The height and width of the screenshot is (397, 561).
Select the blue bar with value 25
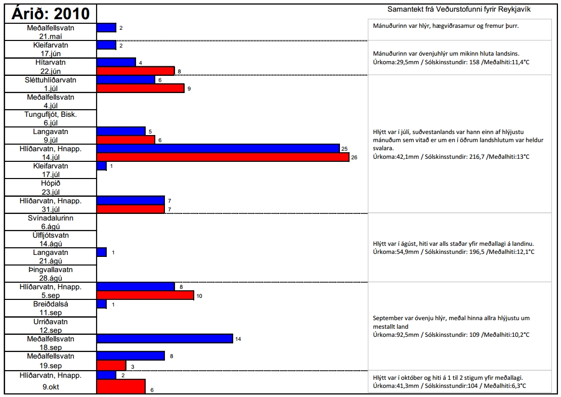[218, 148]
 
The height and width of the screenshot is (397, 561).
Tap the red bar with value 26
[223, 157]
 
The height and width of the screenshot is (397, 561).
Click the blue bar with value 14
[164, 338]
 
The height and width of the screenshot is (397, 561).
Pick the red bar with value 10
[145, 295]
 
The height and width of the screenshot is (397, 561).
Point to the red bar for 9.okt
[121, 386]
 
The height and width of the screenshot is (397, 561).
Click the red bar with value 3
[111, 365]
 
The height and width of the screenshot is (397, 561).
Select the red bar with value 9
[140, 88]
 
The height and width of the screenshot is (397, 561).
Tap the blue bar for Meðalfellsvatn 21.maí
[106, 28]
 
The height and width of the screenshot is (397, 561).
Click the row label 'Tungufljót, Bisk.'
[51, 114]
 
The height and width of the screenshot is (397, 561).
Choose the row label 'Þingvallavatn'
[51, 270]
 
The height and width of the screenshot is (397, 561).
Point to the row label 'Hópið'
[51, 183]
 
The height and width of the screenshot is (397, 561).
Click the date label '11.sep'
[51, 313]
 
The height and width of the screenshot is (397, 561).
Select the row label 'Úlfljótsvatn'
[51, 235]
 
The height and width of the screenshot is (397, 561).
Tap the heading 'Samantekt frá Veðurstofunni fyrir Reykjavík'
[459, 10]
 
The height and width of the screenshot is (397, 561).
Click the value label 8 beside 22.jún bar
[179, 72]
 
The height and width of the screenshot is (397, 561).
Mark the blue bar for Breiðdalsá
[101, 304]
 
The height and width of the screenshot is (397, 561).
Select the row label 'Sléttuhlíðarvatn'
[51, 80]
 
